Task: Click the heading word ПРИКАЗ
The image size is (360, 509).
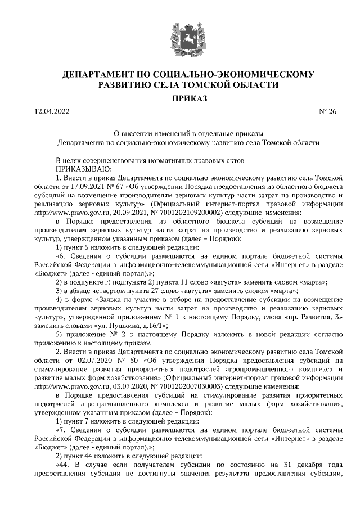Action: [x=181, y=99]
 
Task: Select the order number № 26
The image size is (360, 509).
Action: [x=327, y=111]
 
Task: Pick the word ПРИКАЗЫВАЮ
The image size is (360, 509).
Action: [x=84, y=168]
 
